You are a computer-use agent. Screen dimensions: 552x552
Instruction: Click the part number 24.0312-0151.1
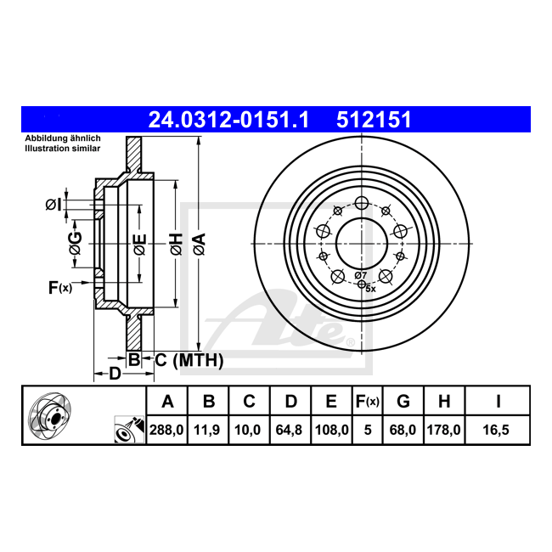tap(228, 120)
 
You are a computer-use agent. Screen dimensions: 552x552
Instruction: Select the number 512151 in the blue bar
tap(374, 120)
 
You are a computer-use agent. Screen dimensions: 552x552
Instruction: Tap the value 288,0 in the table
tap(166, 430)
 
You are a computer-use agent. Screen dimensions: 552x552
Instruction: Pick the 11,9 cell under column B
tap(207, 430)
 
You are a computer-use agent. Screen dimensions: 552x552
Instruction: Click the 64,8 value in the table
tap(289, 430)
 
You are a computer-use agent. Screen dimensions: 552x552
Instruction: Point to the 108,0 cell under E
tap(331, 430)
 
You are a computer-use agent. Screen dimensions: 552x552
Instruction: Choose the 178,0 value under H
tap(443, 430)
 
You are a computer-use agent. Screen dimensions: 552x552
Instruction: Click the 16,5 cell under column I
tap(496, 430)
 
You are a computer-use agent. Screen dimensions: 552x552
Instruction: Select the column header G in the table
tap(403, 402)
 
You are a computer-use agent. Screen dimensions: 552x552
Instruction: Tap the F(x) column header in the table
tap(368, 402)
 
